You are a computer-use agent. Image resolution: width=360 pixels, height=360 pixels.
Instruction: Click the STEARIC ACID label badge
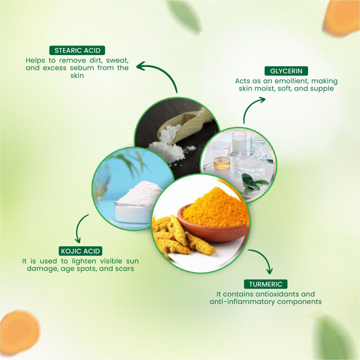pyautogui.click(x=77, y=50)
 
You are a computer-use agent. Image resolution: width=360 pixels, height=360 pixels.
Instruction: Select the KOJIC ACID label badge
pyautogui.click(x=81, y=251)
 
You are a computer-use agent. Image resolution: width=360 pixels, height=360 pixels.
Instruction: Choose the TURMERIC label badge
pyautogui.click(x=265, y=284)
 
